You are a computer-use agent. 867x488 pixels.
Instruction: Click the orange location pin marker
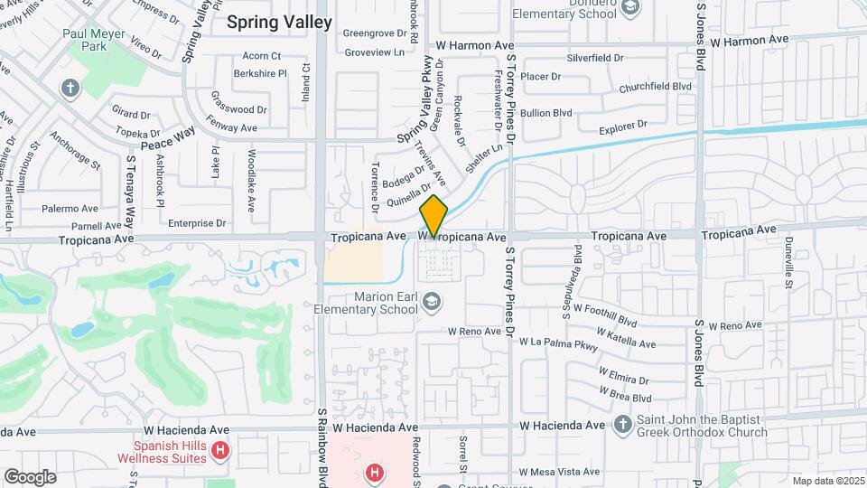[x=433, y=217]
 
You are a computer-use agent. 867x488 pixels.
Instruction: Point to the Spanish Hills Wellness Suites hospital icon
[x=219, y=450]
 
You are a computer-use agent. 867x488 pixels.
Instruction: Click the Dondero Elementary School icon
[x=630, y=9]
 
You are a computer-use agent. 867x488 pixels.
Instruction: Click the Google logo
[x=29, y=476]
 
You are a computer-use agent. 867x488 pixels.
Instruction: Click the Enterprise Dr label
[x=196, y=222]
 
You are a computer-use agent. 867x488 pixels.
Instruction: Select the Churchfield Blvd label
[x=655, y=88]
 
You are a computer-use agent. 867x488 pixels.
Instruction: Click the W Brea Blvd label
[x=624, y=396]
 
